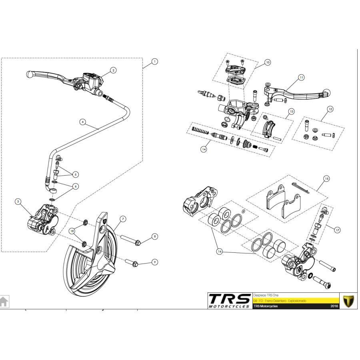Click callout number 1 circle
(x=155, y=62)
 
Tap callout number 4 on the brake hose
(x=82, y=122)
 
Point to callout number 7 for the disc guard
(x=123, y=219)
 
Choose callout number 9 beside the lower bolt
(x=155, y=262)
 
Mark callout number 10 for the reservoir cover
(x=268, y=62)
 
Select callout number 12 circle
(x=330, y=109)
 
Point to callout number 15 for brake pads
(x=326, y=179)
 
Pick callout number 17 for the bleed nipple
(x=337, y=230)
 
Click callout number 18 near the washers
(x=72, y=231)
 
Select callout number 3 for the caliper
(x=18, y=202)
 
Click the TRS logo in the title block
(x=230, y=301)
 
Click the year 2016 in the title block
(x=334, y=306)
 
